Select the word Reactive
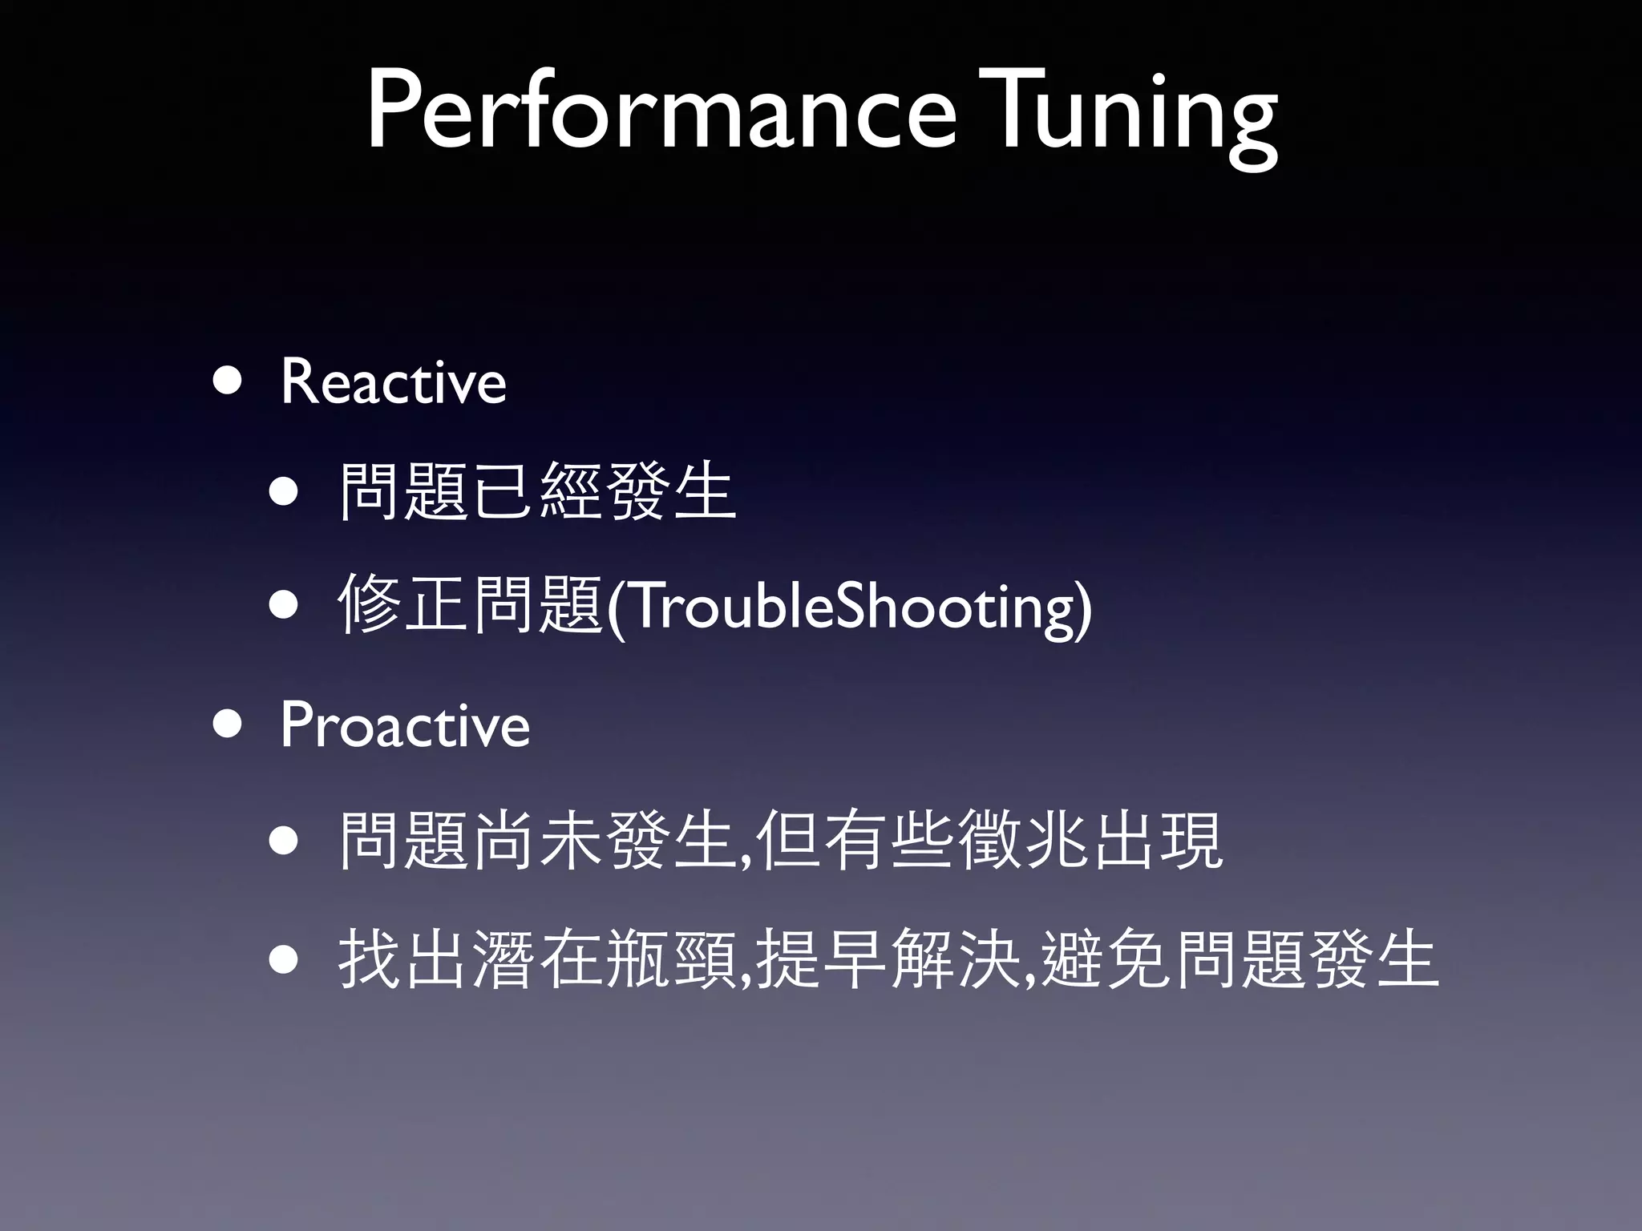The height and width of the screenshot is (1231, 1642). [393, 382]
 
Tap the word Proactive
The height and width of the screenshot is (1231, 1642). [405, 725]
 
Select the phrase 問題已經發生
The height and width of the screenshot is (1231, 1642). [537, 491]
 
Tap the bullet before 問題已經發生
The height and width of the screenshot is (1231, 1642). [285, 491]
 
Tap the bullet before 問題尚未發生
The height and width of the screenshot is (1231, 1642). [285, 841]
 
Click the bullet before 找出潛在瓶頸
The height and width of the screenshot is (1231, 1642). [285, 959]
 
